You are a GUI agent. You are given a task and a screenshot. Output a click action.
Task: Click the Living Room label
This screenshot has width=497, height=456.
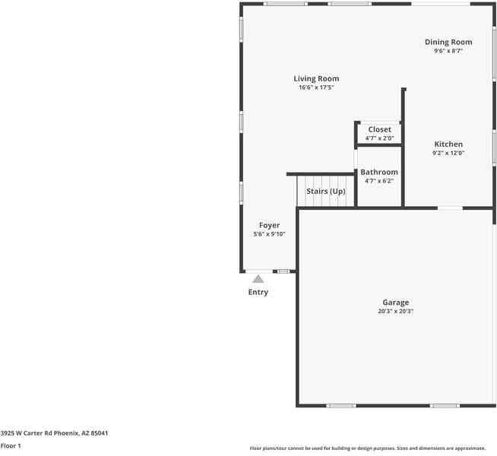click(x=316, y=78)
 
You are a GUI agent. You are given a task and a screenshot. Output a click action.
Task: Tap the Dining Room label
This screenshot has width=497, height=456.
click(x=448, y=42)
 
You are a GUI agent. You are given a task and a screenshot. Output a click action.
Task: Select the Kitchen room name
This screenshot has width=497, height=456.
click(x=448, y=144)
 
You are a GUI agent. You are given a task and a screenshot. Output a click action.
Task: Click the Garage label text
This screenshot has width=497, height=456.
click(x=395, y=302)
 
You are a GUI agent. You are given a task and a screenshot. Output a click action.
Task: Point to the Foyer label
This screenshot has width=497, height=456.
click(x=269, y=225)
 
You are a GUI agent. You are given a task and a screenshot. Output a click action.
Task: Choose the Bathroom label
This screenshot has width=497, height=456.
click(x=378, y=172)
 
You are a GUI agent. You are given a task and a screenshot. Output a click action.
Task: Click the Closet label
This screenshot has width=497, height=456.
click(x=379, y=129)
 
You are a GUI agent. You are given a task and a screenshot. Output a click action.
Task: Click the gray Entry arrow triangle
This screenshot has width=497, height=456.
click(x=258, y=279)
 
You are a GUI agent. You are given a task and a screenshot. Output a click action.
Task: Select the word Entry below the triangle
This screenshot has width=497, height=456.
click(x=258, y=292)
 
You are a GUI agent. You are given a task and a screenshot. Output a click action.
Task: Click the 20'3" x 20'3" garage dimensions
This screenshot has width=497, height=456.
click(x=395, y=312)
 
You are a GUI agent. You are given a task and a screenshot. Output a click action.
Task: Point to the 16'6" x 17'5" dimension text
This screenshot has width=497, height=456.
click(x=316, y=88)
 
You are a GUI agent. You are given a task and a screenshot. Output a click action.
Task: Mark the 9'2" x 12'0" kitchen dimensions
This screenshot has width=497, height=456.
click(x=448, y=153)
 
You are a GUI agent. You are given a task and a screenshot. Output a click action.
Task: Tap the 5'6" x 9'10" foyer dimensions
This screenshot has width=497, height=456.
click(x=269, y=234)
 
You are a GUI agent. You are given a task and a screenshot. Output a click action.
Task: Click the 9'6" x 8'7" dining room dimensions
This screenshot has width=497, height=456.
click(x=448, y=51)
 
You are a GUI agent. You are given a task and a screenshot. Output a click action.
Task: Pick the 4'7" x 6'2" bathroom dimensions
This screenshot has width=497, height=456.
click(x=378, y=181)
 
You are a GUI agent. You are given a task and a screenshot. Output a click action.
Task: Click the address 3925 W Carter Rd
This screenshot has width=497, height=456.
click(x=54, y=432)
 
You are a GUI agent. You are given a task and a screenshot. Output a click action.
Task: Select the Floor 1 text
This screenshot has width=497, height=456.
click(x=11, y=445)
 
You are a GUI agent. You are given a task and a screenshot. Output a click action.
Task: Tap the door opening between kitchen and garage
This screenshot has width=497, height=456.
click(x=450, y=207)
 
